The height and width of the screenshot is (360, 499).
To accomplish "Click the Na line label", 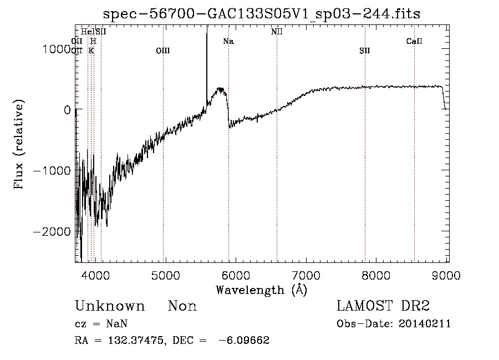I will click(x=228, y=42).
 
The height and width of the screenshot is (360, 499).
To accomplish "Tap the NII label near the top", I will click(x=277, y=32).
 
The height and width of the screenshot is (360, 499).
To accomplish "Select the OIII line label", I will click(x=163, y=51).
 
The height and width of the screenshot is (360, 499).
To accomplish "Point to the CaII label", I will click(x=414, y=42).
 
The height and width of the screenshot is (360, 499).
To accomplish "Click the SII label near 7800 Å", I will click(x=364, y=51).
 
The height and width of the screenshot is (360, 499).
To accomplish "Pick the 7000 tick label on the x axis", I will click(x=306, y=274).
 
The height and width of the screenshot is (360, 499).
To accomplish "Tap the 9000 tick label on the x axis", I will click(x=447, y=274).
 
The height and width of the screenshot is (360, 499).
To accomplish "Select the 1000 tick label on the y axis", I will click(x=59, y=49).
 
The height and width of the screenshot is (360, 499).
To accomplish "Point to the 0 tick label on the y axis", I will click(x=67, y=110).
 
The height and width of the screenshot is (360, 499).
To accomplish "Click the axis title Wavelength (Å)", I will click(x=261, y=290).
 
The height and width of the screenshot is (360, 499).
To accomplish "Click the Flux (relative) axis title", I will click(x=19, y=145).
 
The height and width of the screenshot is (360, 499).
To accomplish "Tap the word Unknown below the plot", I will click(x=110, y=306).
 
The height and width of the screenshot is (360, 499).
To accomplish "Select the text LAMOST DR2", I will click(x=383, y=306).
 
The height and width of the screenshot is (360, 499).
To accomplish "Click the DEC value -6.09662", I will click(x=245, y=341).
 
